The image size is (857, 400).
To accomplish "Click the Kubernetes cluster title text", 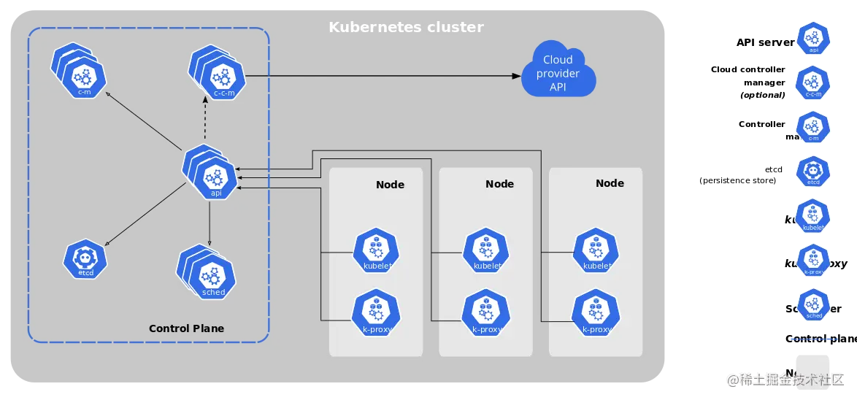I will [406, 28].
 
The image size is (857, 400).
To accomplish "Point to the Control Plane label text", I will [186, 328].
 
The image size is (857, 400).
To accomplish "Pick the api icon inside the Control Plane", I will [215, 177].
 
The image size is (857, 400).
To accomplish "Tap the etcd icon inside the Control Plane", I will [85, 259].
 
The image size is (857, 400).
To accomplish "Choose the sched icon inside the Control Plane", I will [212, 277].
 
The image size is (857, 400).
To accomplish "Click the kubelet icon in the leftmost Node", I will [376, 250].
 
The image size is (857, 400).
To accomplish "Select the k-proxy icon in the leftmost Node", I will [376, 313].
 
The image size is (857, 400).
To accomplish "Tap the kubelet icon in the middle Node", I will [486, 250].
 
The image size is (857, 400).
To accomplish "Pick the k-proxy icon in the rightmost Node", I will [596, 313].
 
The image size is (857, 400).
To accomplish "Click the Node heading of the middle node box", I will [499, 184].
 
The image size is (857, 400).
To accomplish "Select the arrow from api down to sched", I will [210, 223].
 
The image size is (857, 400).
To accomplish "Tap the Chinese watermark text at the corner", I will [784, 379].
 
